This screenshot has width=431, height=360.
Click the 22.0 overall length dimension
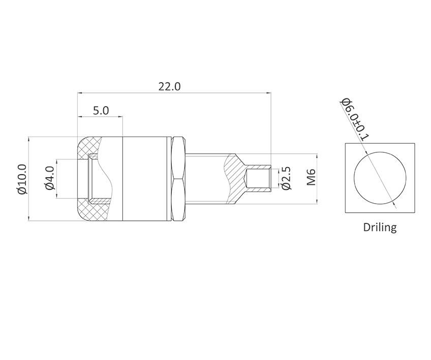click(169, 86)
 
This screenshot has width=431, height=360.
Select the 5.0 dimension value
click(101, 110)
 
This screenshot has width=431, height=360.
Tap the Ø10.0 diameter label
click(21, 179)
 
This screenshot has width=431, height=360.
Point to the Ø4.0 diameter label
click(50, 178)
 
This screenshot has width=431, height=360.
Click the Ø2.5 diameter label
click(287, 178)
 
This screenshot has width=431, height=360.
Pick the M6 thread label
click(312, 178)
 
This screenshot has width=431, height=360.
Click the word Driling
click(380, 227)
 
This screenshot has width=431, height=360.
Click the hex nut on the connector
click(178, 179)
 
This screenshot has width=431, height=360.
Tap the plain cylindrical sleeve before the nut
click(147, 179)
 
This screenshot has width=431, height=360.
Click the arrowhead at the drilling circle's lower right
click(394, 206)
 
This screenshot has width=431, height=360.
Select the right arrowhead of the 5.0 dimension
click(120, 117)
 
